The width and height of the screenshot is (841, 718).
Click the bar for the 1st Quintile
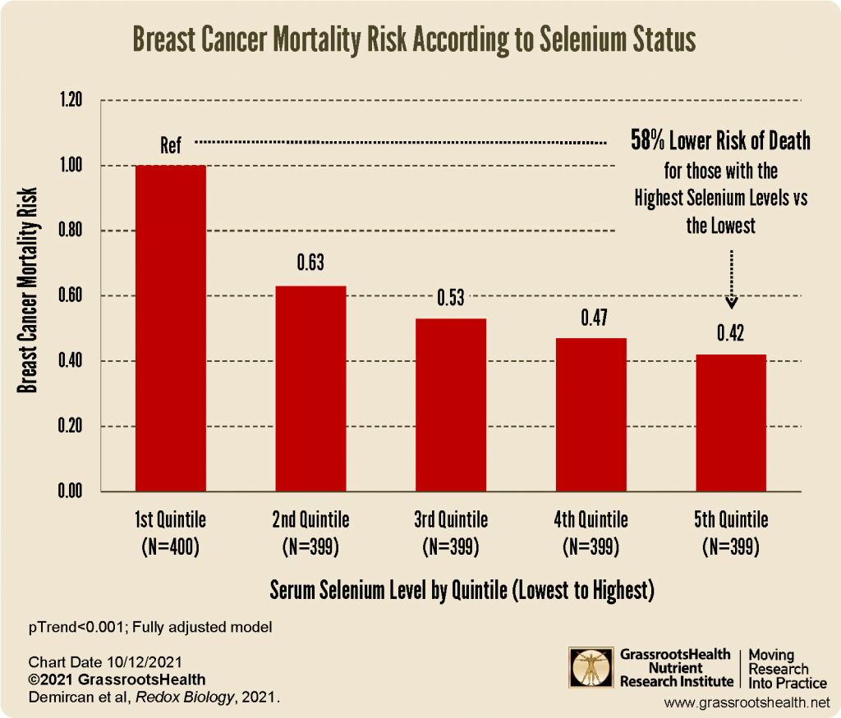tap(171, 328)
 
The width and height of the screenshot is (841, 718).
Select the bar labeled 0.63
tap(310, 389)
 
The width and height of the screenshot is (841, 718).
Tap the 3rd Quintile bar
tap(451, 405)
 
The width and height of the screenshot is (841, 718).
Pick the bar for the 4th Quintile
tap(591, 415)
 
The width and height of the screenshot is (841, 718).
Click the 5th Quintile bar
tap(731, 423)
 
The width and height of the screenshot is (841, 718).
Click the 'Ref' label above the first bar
tap(170, 147)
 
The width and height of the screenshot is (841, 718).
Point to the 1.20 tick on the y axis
tap(71, 101)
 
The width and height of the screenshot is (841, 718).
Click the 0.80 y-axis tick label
tap(71, 231)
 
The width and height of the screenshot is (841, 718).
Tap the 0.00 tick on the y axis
tap(71, 492)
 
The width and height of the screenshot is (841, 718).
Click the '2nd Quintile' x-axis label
tap(310, 520)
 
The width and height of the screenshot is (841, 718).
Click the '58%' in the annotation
tap(649, 141)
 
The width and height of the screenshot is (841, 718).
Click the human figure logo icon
tap(590, 668)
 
